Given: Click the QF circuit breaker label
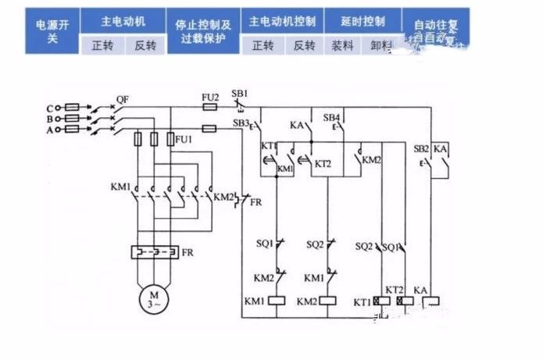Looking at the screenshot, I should (122, 99).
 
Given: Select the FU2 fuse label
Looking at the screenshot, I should (209, 97).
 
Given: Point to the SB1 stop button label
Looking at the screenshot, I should (240, 93).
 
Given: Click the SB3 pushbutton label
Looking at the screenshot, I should (240, 123).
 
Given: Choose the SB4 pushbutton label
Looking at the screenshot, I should (331, 117).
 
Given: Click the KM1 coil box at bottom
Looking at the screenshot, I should (277, 301).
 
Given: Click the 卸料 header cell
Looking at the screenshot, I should (383, 45).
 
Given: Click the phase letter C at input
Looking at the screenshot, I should (49, 108).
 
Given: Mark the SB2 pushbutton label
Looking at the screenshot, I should (420, 148).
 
